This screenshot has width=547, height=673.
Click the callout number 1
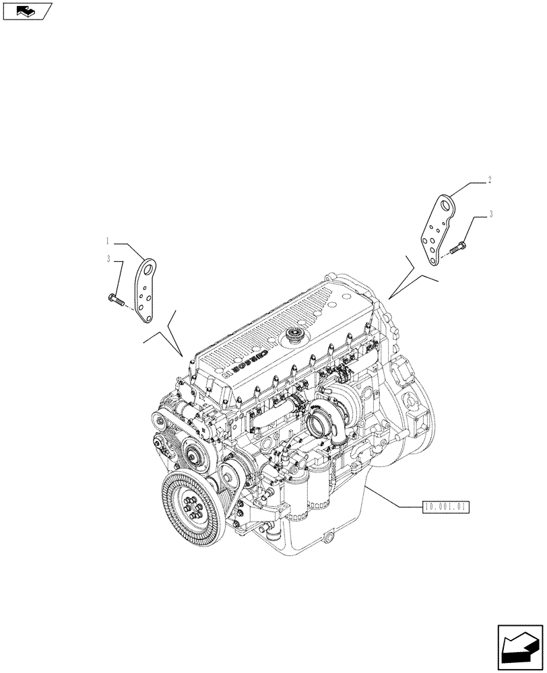point(106,240)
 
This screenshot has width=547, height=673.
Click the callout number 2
point(490,180)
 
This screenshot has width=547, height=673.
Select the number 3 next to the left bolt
point(107,258)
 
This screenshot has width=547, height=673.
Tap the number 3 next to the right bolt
point(491,215)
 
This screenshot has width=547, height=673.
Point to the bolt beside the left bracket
point(115,299)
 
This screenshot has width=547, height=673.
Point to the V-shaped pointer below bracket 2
point(412,277)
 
